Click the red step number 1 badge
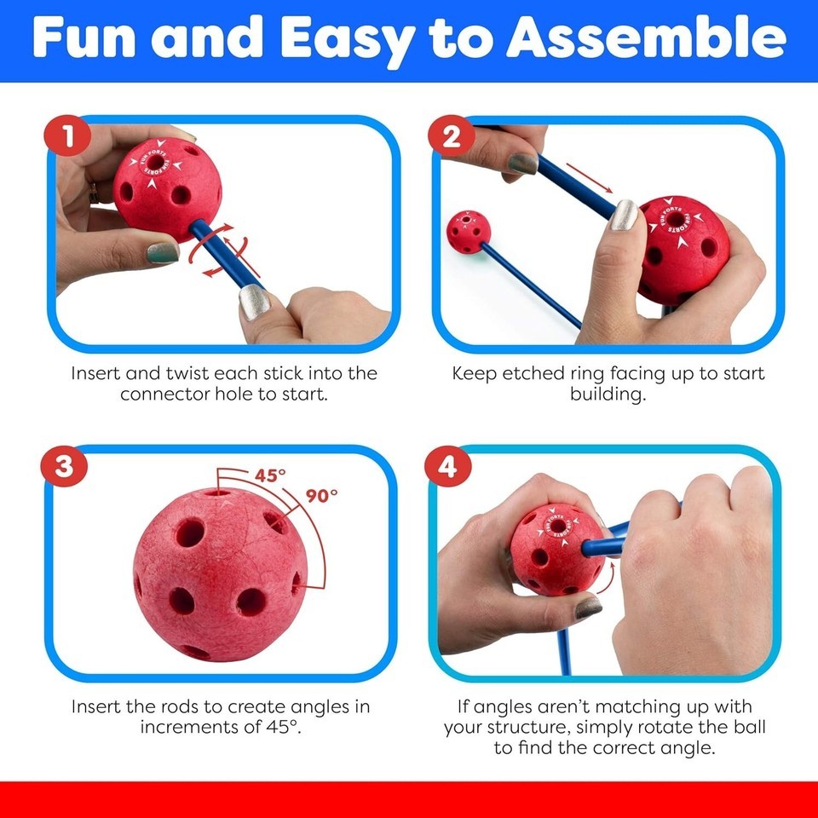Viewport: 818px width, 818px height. click(x=67, y=135)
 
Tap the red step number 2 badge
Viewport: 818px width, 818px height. click(x=452, y=136)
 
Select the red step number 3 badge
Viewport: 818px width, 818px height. click(x=64, y=465)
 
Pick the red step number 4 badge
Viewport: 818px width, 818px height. click(x=447, y=466)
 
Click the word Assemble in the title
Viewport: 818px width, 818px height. click(x=647, y=37)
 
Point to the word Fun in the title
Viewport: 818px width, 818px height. click(x=84, y=37)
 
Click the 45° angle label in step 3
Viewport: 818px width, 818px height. click(x=270, y=475)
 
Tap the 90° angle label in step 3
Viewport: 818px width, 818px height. click(x=321, y=495)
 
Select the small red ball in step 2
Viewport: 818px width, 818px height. click(x=469, y=232)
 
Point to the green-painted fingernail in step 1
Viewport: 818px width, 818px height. click(x=162, y=253)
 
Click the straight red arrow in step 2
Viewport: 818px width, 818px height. click(x=590, y=178)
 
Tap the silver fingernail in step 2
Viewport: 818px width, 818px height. click(x=624, y=215)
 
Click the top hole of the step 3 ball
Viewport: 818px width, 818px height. click(x=217, y=492)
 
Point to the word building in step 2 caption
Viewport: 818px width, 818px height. click(x=608, y=395)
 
